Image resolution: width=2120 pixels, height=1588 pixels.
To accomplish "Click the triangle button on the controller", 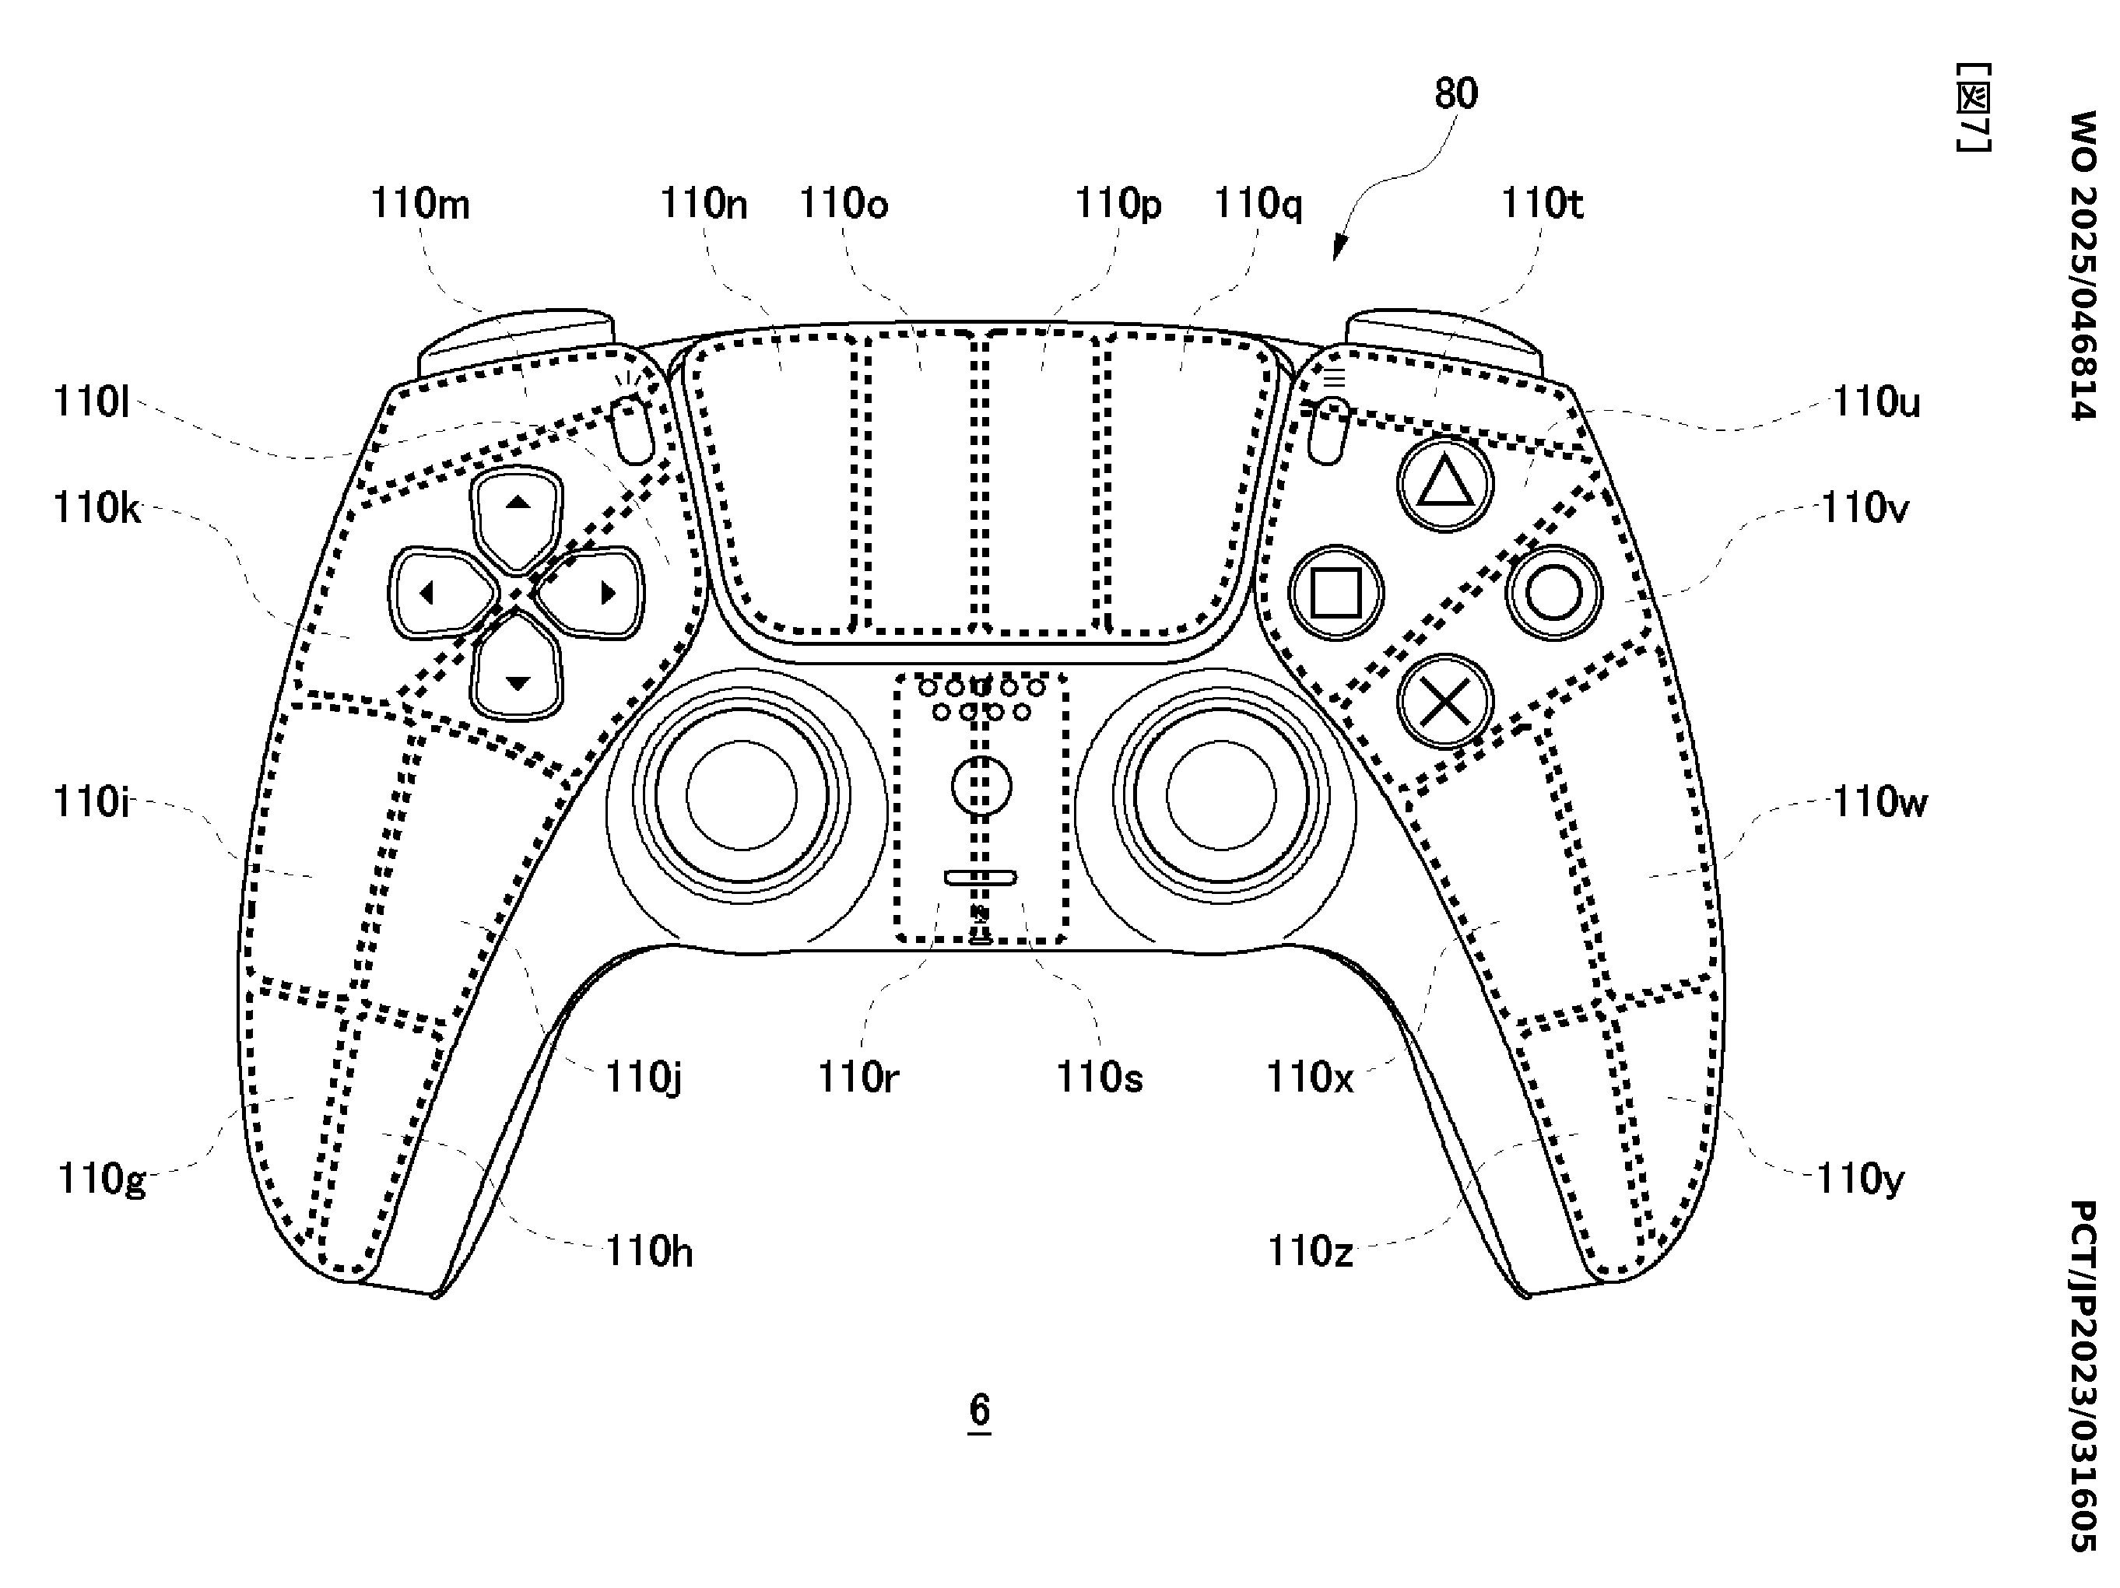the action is point(1444,484).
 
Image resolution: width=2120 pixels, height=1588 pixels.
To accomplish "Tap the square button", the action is point(1335,592).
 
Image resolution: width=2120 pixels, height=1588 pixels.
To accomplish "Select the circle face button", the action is point(1553,592).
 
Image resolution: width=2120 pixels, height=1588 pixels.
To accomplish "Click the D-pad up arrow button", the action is point(518,516).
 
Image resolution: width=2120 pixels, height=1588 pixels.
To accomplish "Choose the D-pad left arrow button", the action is point(440,593).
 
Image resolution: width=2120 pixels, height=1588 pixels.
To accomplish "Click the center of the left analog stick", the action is point(742,795).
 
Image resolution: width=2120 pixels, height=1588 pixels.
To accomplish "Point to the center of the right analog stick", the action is point(1221,795).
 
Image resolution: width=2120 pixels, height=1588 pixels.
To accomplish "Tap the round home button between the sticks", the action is point(981,786).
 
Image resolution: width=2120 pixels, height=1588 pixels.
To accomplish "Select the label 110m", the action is point(419,204).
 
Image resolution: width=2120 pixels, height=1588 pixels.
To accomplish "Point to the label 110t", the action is point(1541,204).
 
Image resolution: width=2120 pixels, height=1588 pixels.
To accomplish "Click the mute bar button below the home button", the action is point(981,878).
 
